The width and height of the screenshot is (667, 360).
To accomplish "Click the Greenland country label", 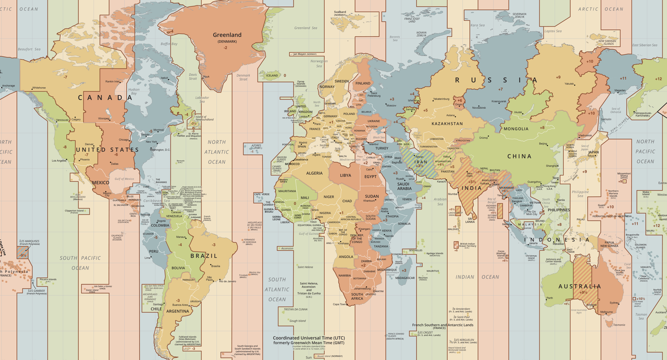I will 227,35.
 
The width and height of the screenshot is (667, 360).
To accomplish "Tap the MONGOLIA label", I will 516,129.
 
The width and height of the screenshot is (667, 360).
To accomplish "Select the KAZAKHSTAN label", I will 447,124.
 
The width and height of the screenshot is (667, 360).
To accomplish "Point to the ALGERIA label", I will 314,173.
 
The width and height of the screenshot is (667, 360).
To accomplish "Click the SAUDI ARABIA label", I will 404,186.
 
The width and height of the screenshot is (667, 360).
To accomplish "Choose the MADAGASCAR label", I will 405,278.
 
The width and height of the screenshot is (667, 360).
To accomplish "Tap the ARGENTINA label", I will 178,311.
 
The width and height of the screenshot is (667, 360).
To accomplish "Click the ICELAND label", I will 272,76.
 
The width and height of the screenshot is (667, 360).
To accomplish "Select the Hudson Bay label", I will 134,91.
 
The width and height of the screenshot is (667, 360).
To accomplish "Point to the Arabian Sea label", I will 440,201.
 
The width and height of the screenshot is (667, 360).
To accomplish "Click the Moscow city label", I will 391,106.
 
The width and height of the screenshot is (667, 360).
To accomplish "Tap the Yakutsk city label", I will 569,84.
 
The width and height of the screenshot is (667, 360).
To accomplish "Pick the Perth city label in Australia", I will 550,298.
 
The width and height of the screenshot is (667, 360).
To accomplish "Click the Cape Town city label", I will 339,304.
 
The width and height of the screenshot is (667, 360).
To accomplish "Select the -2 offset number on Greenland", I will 225,48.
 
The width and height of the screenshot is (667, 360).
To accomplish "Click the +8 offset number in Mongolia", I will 542,128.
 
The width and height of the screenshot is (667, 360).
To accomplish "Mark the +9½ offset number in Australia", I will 583,292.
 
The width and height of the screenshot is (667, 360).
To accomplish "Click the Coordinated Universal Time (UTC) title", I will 308,338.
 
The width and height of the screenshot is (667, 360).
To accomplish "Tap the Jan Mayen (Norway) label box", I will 305,54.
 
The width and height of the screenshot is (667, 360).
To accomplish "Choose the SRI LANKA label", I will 470,220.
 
